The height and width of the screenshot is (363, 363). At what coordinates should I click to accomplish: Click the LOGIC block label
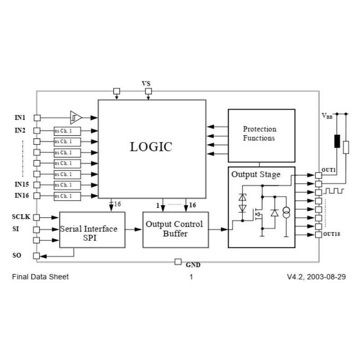(x=151, y=147)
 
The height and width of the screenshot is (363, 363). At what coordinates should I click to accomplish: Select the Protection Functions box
(x=261, y=135)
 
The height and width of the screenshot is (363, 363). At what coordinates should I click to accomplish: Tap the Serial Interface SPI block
(x=92, y=230)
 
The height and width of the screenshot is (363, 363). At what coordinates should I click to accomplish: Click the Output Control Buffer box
(x=176, y=229)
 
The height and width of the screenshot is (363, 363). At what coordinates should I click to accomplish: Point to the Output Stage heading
(x=256, y=174)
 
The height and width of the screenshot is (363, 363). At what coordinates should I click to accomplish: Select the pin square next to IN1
(x=37, y=118)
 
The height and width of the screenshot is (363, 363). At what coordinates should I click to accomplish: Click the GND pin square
(x=178, y=262)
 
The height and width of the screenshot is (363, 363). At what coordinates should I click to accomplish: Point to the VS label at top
(x=146, y=84)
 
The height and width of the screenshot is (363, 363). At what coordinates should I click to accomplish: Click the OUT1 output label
(x=329, y=170)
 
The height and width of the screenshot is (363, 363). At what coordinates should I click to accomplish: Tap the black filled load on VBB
(x=337, y=141)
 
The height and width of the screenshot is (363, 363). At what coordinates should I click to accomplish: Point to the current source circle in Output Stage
(x=286, y=213)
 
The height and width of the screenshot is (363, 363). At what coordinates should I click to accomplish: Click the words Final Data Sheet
(x=40, y=277)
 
